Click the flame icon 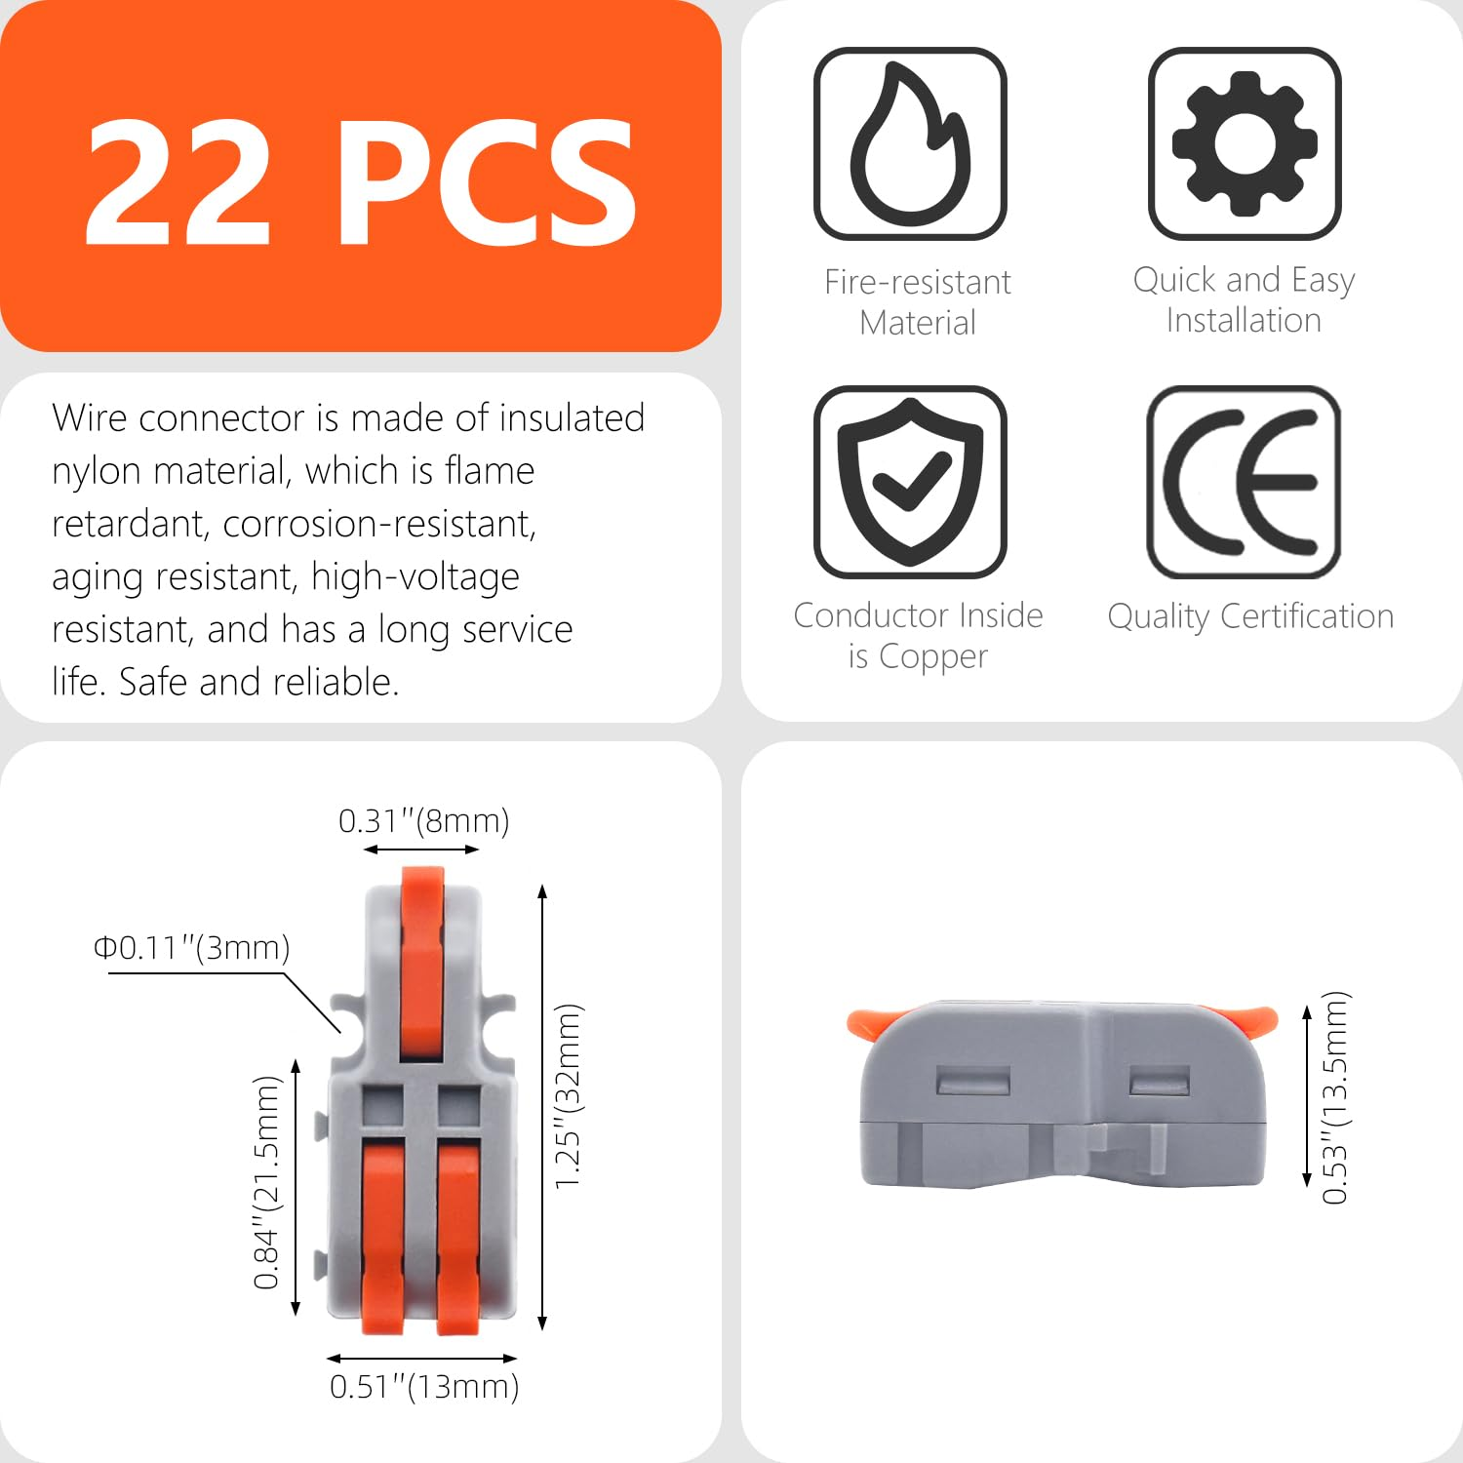point(910,143)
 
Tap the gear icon point(1245,143)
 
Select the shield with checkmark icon point(910,482)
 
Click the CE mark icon point(1245,482)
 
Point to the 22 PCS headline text point(361,182)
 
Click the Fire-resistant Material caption point(917,301)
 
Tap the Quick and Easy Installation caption point(1244,299)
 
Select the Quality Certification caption point(1250,616)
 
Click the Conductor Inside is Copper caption point(918,636)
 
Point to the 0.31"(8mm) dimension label point(423,821)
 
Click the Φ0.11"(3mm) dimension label point(191,948)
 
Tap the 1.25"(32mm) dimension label point(568,1096)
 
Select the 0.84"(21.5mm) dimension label point(266,1182)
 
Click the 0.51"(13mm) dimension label point(423,1386)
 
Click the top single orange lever point(422,961)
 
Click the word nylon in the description point(97,471)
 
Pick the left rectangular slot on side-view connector point(972,1081)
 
